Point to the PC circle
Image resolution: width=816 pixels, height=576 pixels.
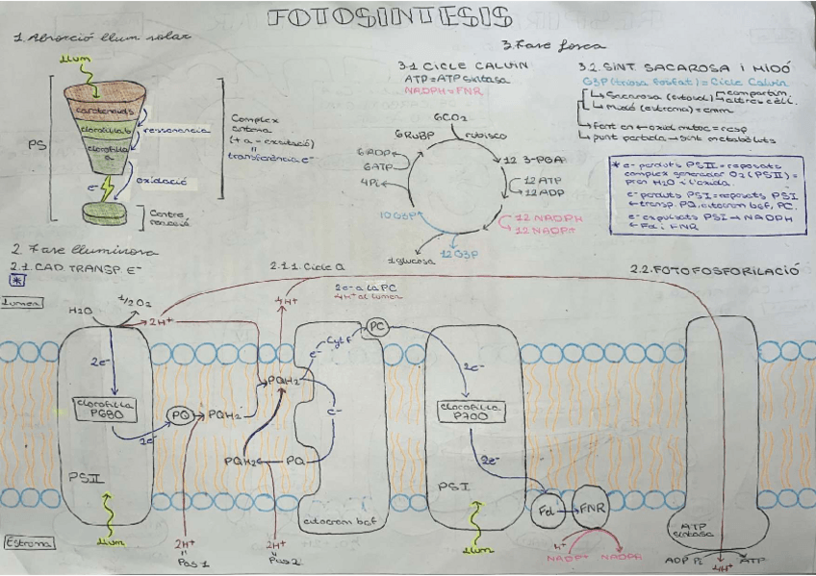(x=376, y=327)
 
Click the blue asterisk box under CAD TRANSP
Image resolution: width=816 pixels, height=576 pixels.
(x=16, y=280)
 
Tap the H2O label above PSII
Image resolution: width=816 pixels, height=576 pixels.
(x=80, y=312)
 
